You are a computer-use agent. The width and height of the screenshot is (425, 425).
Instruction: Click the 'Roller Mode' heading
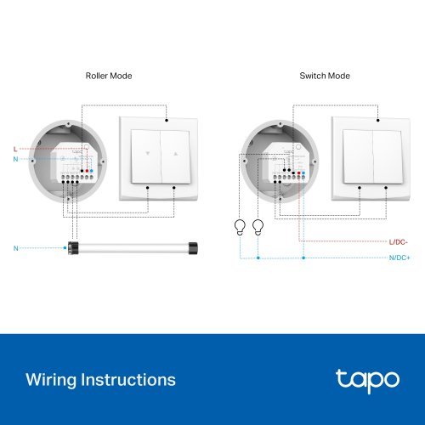109,76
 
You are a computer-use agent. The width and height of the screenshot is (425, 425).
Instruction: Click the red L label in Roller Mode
14,149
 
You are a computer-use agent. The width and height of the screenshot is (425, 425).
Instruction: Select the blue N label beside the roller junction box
14,159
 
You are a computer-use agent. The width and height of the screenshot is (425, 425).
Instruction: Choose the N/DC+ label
399,257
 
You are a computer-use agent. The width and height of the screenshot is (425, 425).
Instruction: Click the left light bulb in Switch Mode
241,227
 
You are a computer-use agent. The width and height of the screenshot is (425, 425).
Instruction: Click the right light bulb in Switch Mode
258,227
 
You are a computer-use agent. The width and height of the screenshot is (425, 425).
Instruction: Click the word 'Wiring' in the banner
54,379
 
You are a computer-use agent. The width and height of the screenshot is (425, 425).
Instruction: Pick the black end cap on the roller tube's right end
194,248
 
